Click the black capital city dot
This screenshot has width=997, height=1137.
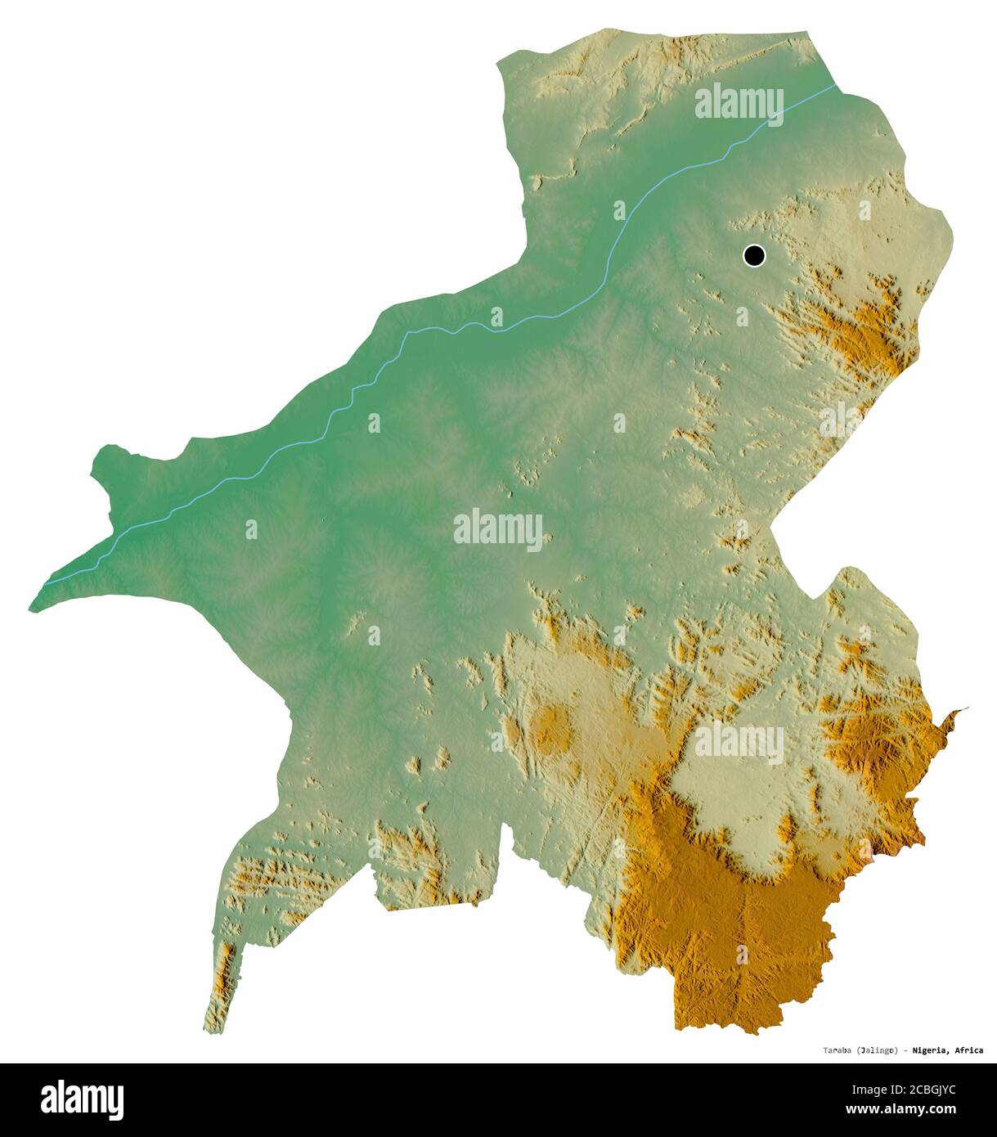coord(754,255)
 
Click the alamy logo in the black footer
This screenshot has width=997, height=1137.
coord(82,1099)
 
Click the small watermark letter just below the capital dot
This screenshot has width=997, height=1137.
coord(742,317)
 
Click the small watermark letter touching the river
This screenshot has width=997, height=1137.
coord(496,317)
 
